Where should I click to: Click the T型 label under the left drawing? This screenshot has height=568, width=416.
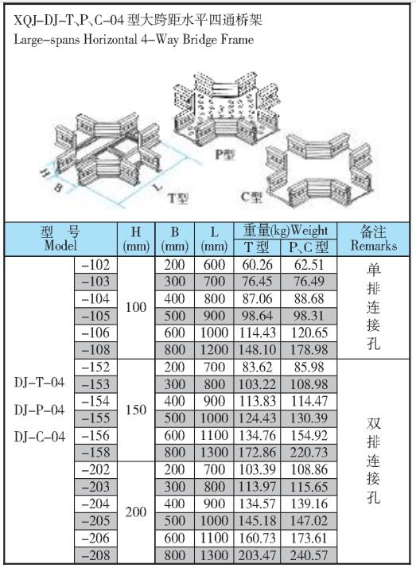click(177, 198)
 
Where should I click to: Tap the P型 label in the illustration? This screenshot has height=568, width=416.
click(224, 154)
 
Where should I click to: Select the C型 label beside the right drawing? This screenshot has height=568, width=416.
click(251, 197)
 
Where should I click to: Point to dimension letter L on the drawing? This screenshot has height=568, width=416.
click(157, 188)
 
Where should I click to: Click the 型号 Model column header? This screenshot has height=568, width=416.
click(60, 239)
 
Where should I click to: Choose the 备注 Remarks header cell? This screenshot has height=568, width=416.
click(373, 239)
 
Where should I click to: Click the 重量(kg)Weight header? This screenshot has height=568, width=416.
click(286, 231)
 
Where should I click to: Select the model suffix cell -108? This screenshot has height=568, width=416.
click(96, 350)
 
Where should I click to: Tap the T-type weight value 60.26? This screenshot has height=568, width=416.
click(257, 265)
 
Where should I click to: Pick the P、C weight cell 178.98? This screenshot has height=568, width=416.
click(309, 350)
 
